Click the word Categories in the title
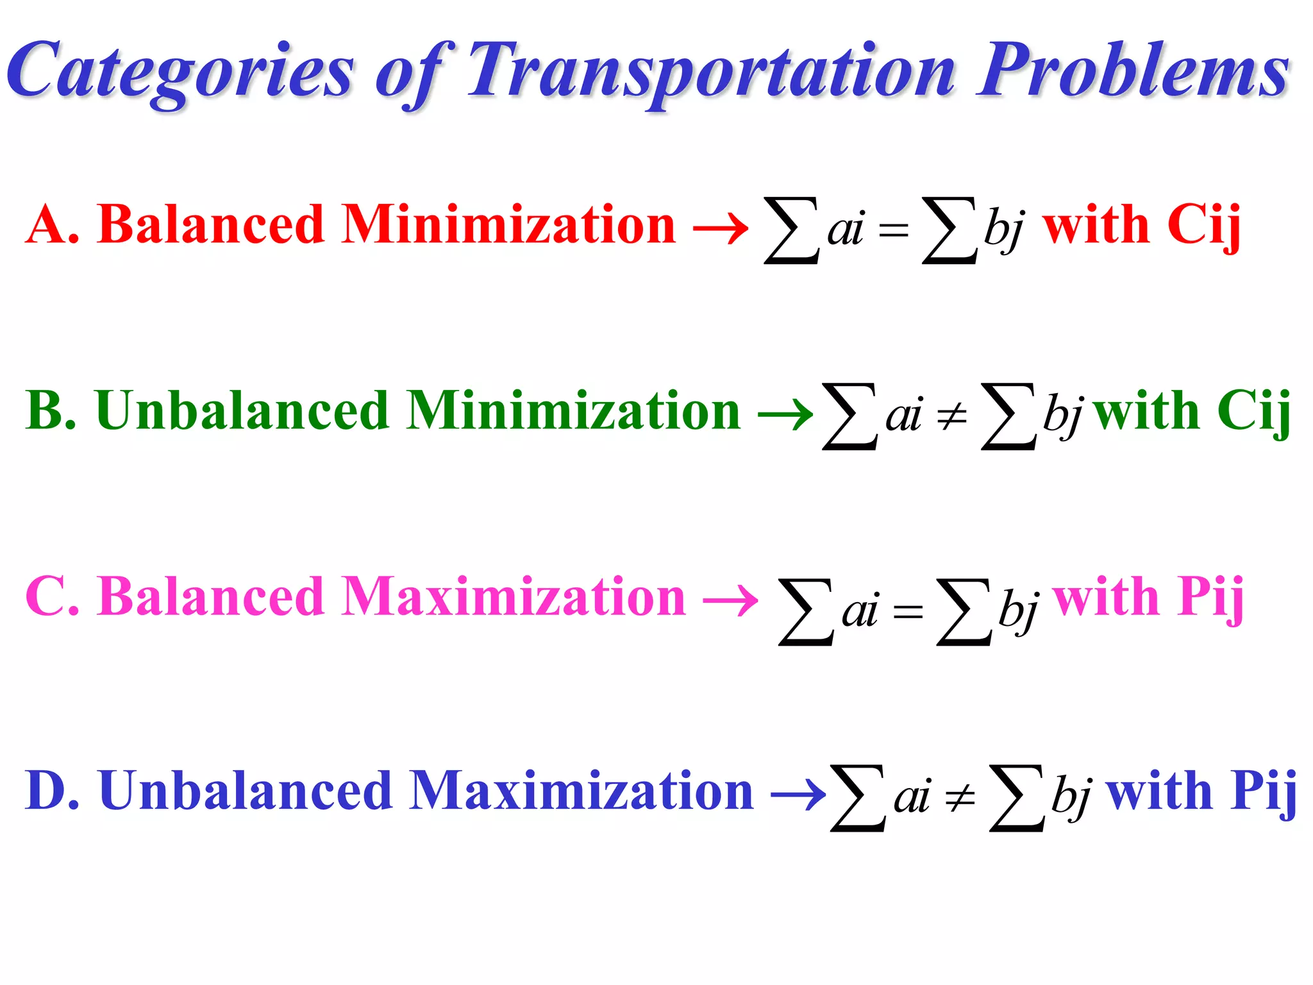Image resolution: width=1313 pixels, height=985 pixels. pyautogui.click(x=180, y=71)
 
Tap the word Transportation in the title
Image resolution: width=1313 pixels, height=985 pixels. pyautogui.click(x=712, y=71)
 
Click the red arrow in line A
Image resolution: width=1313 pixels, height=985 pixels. pyautogui.click(x=721, y=228)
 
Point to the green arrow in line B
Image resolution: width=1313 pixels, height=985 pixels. pyautogui.click(x=785, y=414)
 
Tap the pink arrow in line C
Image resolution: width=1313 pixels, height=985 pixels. pyautogui.click(x=730, y=601)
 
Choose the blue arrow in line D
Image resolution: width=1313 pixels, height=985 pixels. pyautogui.click(x=798, y=795)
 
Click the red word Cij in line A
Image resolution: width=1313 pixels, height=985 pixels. pyautogui.click(x=1203, y=226)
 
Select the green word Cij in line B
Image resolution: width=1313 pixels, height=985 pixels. pyautogui.click(x=1253, y=412)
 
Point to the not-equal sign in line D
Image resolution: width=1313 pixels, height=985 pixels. pyautogui.click(x=960, y=798)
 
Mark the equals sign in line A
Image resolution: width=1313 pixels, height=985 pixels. pyautogui.click(x=894, y=230)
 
